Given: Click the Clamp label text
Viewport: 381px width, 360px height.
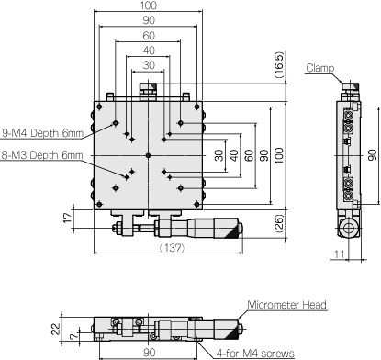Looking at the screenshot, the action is [319, 68].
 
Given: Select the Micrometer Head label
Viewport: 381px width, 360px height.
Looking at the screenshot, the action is [287, 305].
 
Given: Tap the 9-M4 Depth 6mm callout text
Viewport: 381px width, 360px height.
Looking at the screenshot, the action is [42, 133].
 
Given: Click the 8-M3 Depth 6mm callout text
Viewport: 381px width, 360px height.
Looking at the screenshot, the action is [42, 155].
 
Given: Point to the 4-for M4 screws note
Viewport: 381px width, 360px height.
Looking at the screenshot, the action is [255, 354].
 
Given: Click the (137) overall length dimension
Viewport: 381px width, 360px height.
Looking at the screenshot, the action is [173, 247].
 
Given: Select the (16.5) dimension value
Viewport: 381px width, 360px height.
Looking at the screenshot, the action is [279, 65].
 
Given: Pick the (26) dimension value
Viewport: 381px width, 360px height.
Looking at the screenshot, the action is [279, 224].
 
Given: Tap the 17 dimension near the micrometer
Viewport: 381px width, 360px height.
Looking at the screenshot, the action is [68, 217].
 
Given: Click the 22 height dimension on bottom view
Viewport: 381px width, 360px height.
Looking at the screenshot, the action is [56, 330].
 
